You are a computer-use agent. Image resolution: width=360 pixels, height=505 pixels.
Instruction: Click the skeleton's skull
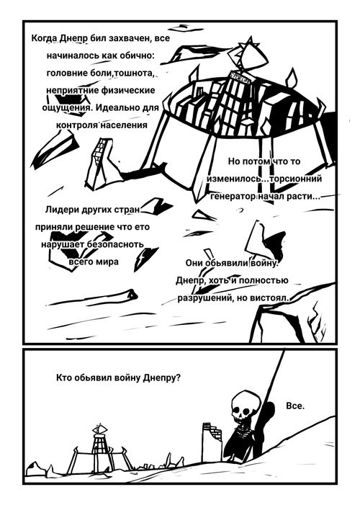(x=243, y=406)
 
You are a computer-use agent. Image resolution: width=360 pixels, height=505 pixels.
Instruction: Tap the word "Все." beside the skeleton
(x=295, y=406)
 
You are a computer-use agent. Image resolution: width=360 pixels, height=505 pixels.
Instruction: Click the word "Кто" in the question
(x=64, y=377)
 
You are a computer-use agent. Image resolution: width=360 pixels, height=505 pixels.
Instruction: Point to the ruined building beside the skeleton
(x=212, y=441)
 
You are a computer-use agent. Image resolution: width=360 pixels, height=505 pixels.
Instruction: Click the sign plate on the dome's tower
(x=240, y=76)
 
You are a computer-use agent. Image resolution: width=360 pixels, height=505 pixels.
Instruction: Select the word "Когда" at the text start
(x=45, y=39)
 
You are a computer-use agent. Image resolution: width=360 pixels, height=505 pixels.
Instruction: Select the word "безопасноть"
(x=115, y=244)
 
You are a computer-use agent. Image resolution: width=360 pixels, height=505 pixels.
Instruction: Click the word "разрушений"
(x=206, y=298)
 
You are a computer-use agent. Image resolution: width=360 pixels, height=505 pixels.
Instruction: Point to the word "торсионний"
(x=295, y=179)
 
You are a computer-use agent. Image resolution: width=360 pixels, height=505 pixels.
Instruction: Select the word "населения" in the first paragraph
(x=123, y=125)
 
